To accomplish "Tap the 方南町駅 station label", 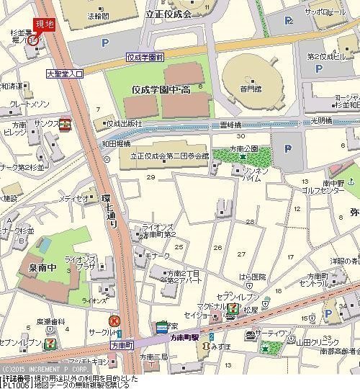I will point(185,336).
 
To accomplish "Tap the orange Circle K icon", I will point(114,321).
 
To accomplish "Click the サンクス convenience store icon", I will point(65,123).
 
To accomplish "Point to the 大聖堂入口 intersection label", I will point(65,73).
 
